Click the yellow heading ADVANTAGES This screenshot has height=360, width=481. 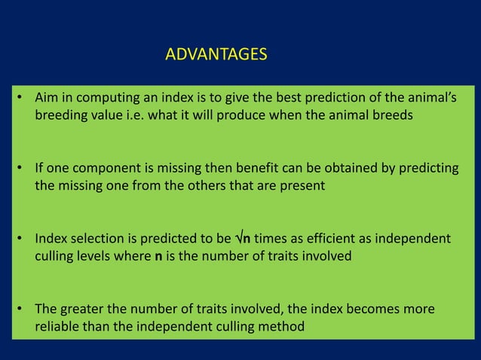(x=215, y=55)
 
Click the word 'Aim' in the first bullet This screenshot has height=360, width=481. (x=45, y=99)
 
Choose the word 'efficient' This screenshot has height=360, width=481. (x=315, y=239)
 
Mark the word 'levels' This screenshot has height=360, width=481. (x=94, y=257)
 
